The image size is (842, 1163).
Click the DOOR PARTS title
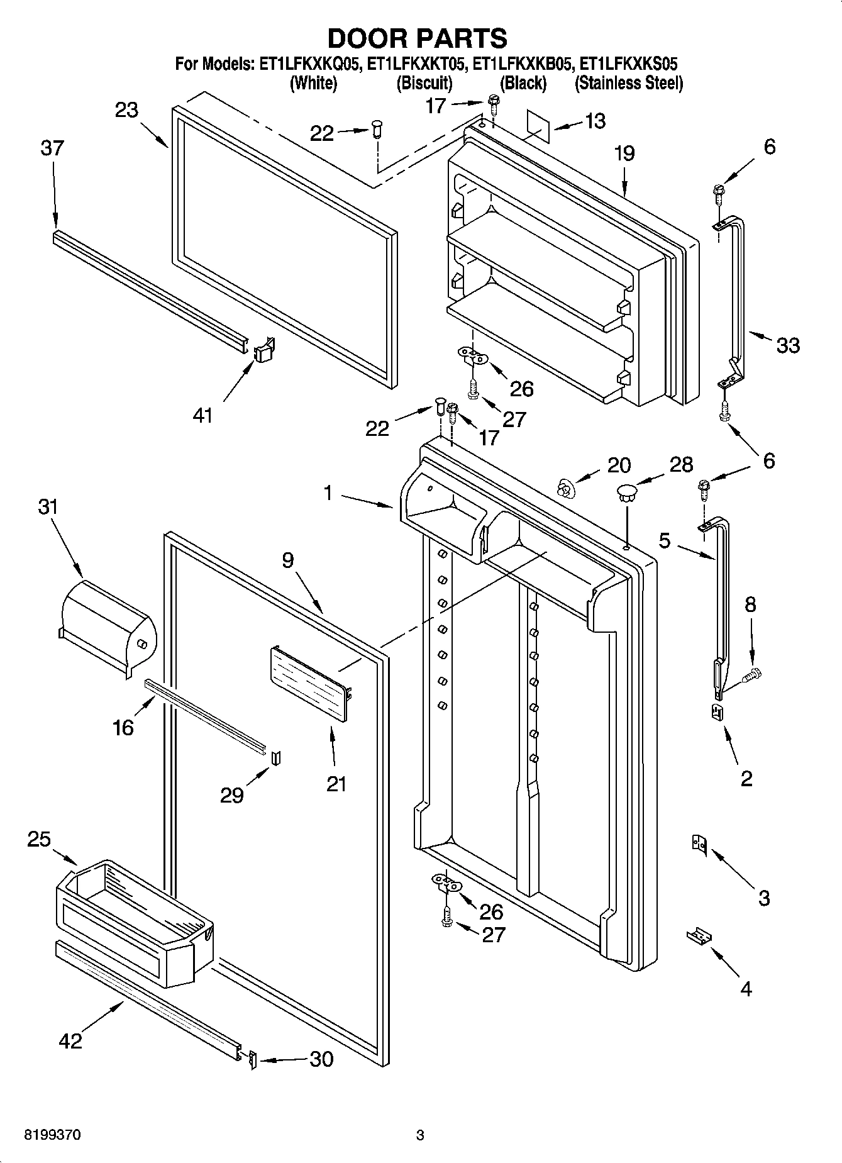418,38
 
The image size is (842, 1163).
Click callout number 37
52,148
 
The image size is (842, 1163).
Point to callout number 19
624,153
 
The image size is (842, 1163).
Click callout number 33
788,345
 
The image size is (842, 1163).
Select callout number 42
70,1040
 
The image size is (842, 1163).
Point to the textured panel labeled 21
309,684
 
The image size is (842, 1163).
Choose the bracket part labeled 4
698,936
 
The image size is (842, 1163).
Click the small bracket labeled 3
699,843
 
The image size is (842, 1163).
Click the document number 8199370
52,1135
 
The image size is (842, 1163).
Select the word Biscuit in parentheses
424,83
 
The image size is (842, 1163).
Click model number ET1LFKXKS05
628,64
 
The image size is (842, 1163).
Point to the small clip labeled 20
566,487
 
